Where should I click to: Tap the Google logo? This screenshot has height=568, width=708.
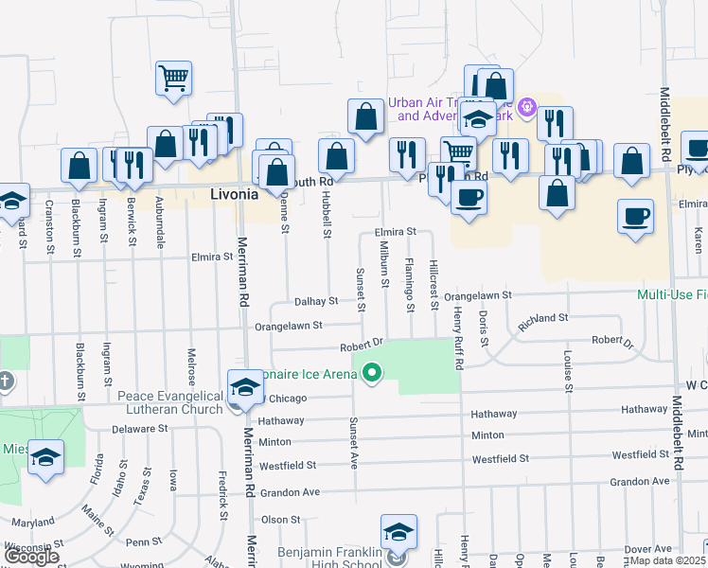click(31, 557)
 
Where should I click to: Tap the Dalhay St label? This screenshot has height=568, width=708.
click(315, 301)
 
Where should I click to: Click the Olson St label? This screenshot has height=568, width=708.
click(280, 520)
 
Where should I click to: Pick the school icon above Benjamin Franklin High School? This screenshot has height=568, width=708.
click(398, 532)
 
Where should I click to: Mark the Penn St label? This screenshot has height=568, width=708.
click(145, 542)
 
